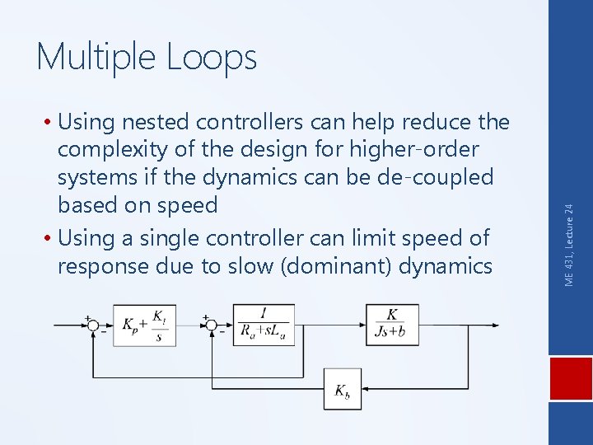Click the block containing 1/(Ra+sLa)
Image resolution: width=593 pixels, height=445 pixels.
(264, 326)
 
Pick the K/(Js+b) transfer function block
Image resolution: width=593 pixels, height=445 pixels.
(392, 325)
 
